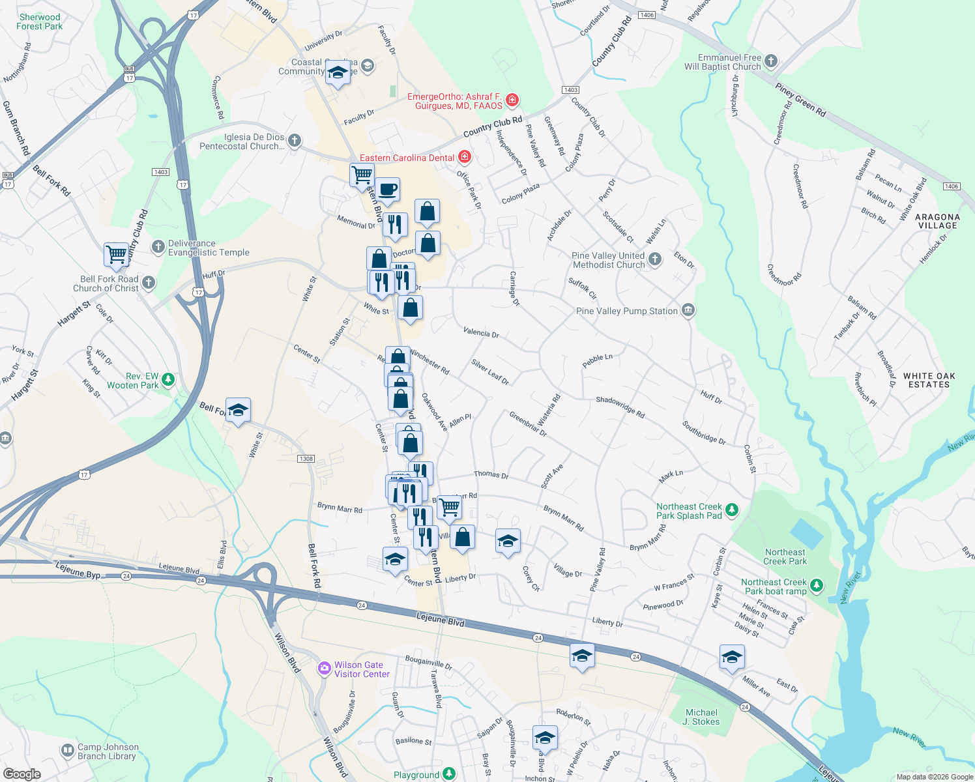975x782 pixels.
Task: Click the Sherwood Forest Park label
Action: (39, 22)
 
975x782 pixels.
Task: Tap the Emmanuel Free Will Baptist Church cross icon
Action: (771, 62)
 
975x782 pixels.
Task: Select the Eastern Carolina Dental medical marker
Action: (464, 158)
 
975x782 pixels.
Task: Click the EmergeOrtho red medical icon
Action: (512, 100)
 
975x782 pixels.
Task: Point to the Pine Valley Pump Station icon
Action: (688, 310)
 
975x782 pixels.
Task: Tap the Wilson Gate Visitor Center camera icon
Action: (324, 669)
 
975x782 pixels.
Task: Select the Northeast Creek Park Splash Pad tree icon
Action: (732, 510)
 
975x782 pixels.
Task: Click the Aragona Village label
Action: (937, 222)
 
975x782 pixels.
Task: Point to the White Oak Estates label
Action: (929, 381)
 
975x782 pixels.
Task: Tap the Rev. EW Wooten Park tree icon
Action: (168, 379)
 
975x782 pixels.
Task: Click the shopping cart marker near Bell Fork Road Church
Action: (116, 254)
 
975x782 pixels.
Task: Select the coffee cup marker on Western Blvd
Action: (387, 190)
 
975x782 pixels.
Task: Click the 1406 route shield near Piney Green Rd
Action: (951, 186)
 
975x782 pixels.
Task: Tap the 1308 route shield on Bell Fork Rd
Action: (306, 459)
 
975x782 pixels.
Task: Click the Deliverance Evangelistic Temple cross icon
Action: (158, 247)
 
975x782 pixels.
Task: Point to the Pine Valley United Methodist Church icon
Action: (655, 259)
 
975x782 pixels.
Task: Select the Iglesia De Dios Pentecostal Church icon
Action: (295, 140)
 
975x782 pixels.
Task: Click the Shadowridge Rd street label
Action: (620, 407)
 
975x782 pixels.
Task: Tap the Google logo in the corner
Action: (22, 774)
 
